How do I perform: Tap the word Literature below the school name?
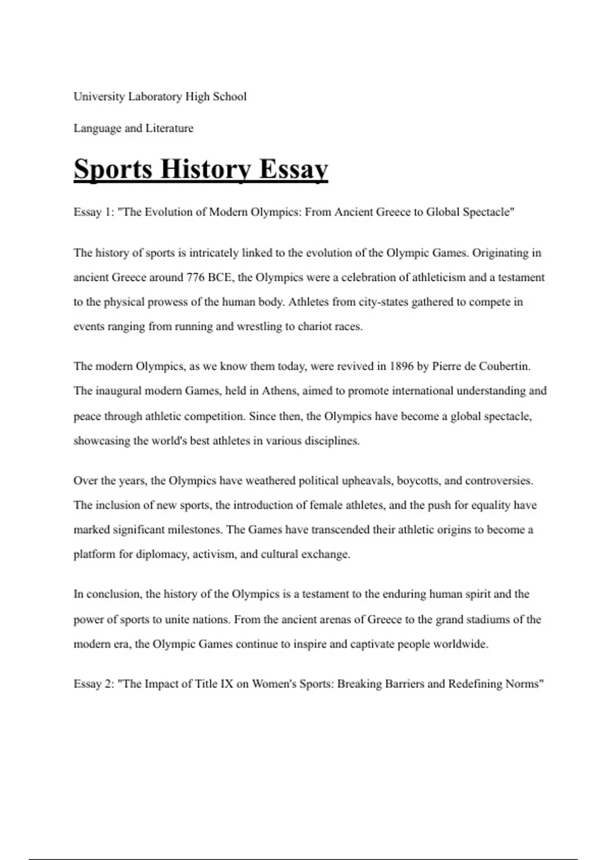click(x=169, y=128)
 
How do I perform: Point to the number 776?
click(x=196, y=278)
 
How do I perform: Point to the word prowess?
click(x=167, y=302)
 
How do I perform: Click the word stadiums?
click(x=486, y=620)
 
